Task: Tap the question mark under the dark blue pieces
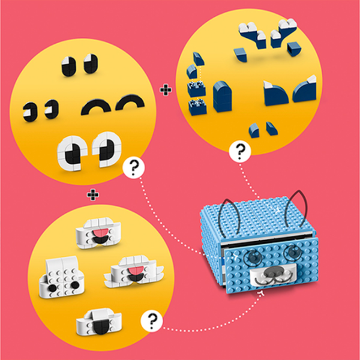(x=240, y=151)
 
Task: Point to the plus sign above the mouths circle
(x=92, y=194)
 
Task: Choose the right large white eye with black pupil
(x=103, y=146)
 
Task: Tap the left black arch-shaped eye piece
(x=93, y=107)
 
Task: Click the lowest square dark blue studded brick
(x=196, y=107)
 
